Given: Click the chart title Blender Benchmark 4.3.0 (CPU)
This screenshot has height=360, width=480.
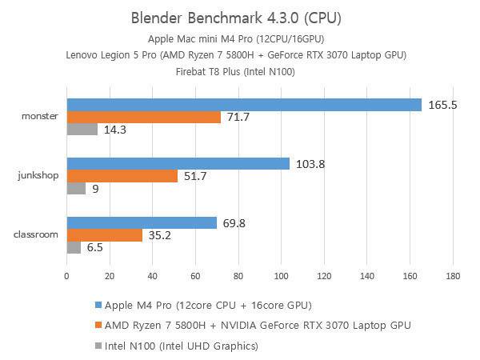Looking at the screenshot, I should [240, 18].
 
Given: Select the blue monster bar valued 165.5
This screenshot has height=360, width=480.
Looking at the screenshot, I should [244, 105].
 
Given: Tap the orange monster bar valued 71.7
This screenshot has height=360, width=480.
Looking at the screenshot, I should [143, 117].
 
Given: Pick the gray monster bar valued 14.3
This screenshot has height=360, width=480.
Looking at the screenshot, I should [82, 129].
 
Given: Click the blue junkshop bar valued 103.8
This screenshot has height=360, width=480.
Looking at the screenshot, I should [178, 164].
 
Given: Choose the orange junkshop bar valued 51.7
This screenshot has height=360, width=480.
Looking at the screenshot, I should [122, 176].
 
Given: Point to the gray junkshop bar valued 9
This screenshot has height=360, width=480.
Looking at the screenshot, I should [76, 189].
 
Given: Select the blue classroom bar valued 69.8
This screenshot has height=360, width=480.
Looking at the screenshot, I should [141, 223].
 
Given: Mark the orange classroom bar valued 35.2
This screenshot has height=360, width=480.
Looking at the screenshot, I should [104, 235].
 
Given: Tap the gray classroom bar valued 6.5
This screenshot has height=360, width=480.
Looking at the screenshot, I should [74, 247].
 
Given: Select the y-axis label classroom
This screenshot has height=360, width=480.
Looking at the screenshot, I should [37, 235].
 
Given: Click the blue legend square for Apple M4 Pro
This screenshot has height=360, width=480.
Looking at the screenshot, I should [98, 306].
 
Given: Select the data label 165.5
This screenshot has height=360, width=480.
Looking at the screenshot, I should [442, 105].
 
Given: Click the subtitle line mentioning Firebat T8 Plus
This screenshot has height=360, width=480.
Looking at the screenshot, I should [240, 70].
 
